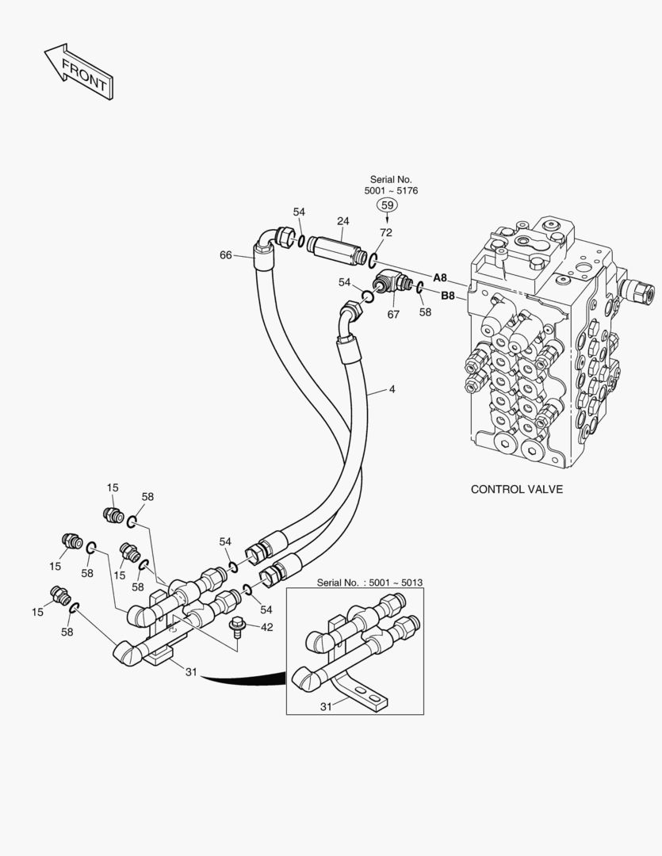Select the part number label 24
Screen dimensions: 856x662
tap(342, 221)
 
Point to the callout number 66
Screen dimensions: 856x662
tap(226, 254)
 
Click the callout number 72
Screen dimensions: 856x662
tap(386, 233)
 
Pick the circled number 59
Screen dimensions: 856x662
tap(387, 205)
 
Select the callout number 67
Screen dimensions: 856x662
tap(393, 315)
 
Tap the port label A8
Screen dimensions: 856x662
tap(440, 277)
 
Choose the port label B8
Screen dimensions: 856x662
tap(447, 296)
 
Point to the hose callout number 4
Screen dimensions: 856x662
tap(392, 389)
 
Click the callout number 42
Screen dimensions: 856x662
tap(266, 627)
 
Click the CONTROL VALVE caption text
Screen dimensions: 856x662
tap(516, 489)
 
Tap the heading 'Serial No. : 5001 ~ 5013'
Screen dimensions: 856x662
tap(369, 583)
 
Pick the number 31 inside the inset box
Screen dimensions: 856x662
tap(324, 706)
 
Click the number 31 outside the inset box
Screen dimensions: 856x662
tap(191, 672)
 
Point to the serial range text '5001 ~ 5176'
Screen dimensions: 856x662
tap(391, 191)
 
